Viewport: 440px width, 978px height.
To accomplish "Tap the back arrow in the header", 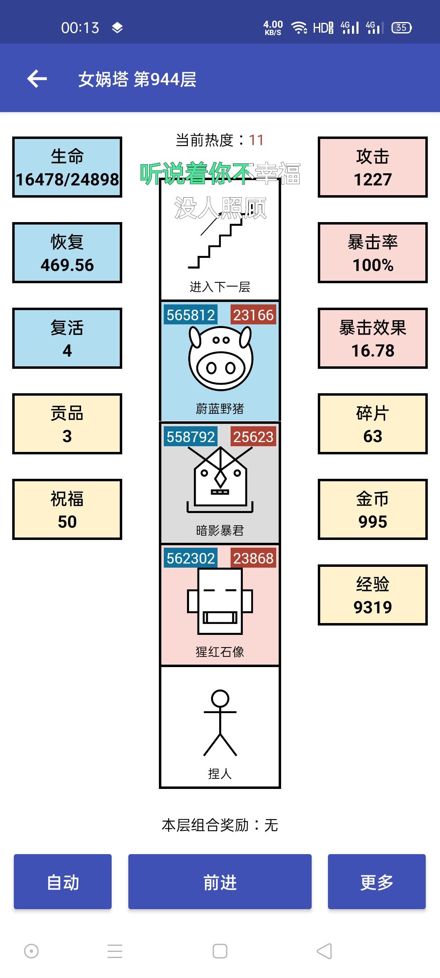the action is pyautogui.click(x=37, y=79).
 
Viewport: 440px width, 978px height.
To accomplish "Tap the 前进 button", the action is pyautogui.click(x=220, y=881).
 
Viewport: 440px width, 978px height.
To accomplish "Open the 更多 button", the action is pyautogui.click(x=377, y=881).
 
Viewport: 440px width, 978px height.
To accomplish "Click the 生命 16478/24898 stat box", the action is pyautogui.click(x=67, y=167).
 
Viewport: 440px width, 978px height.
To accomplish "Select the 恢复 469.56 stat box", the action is pyautogui.click(x=67, y=253).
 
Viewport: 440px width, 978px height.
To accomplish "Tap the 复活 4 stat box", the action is pyautogui.click(x=67, y=338).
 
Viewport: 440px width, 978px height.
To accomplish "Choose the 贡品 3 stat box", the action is pyautogui.click(x=67, y=424).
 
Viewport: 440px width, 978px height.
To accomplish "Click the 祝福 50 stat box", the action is pyautogui.click(x=67, y=509).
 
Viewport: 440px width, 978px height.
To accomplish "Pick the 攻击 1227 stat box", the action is pyautogui.click(x=373, y=167).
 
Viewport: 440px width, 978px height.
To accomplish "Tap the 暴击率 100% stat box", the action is pyautogui.click(x=373, y=253).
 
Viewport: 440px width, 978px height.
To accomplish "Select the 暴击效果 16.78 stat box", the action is pyautogui.click(x=373, y=338).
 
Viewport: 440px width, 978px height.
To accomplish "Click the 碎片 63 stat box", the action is pyautogui.click(x=373, y=424).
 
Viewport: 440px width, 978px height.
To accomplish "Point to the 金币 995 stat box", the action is pyautogui.click(x=373, y=509).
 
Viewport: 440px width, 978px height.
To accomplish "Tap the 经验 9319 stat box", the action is pyautogui.click(x=373, y=595).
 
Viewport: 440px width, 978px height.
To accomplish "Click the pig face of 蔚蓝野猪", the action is pyautogui.click(x=220, y=359).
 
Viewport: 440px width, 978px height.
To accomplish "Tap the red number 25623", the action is pyautogui.click(x=253, y=437).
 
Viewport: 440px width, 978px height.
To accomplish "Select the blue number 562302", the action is pyautogui.click(x=191, y=558).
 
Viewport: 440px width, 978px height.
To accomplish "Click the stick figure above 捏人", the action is pyautogui.click(x=220, y=723).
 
